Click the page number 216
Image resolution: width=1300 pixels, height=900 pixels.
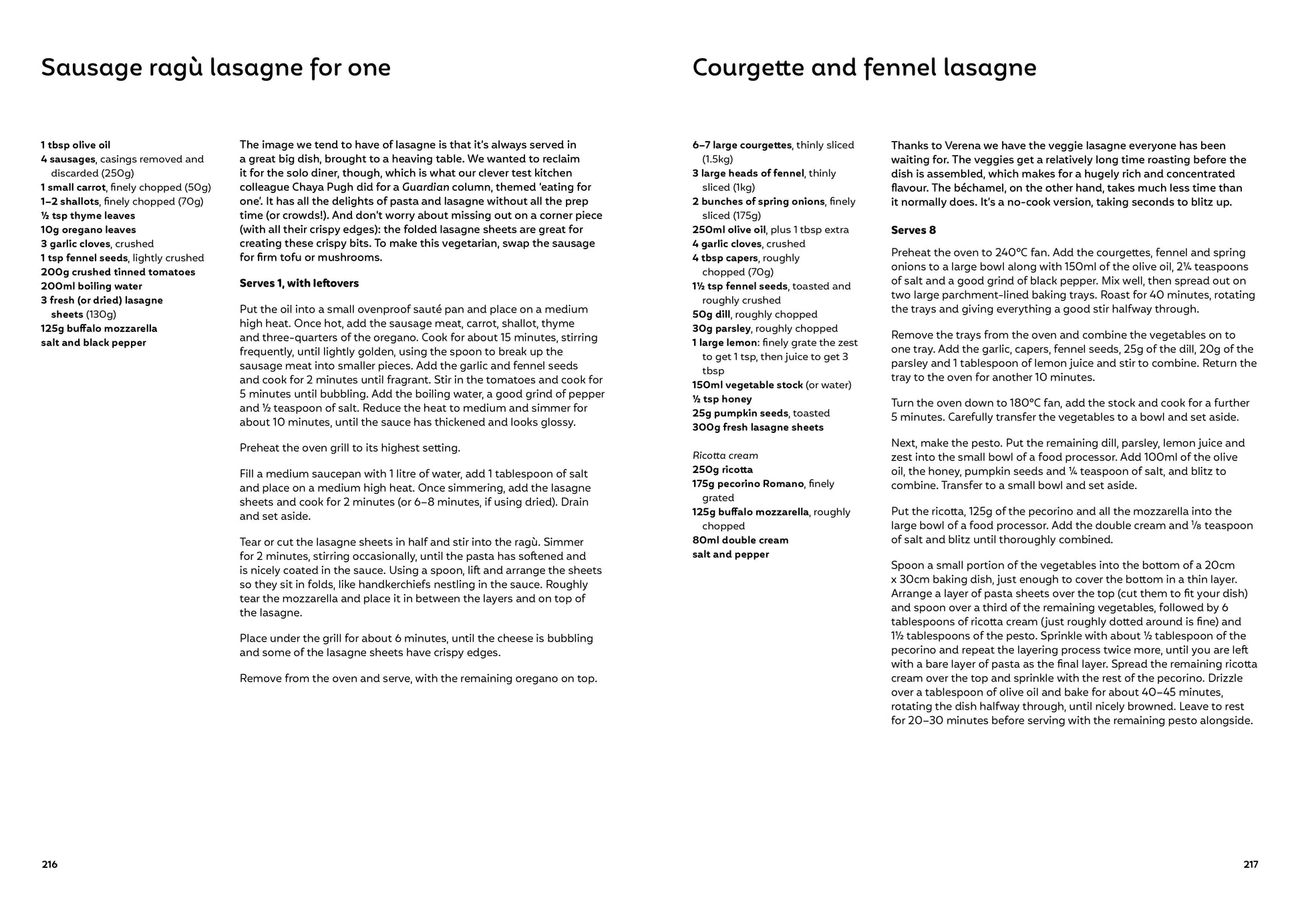pyautogui.click(x=49, y=864)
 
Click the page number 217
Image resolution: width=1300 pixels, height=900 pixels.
pyautogui.click(x=1251, y=864)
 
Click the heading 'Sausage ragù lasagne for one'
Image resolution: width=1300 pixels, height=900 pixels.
pyautogui.click(x=216, y=67)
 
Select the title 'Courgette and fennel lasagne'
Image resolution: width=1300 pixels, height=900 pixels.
pyautogui.click(x=864, y=67)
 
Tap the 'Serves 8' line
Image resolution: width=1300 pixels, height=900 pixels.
pyautogui.click(x=913, y=230)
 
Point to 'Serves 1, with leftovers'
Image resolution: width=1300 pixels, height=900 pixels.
pyautogui.click(x=299, y=283)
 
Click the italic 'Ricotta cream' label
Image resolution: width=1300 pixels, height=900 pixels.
pyautogui.click(x=725, y=456)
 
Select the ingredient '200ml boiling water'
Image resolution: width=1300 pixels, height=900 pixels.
pyautogui.click(x=92, y=286)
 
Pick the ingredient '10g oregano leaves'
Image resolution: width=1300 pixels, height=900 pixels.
pyautogui.click(x=88, y=230)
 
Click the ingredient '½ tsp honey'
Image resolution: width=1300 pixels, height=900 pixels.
pyautogui.click(x=722, y=399)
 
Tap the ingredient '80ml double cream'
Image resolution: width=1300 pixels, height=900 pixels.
pyautogui.click(x=740, y=540)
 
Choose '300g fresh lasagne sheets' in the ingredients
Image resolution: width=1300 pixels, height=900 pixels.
pyautogui.click(x=758, y=427)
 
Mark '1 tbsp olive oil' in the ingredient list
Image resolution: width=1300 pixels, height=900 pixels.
pyautogui.click(x=75, y=145)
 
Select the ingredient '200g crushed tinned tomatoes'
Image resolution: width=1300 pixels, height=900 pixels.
pyautogui.click(x=118, y=272)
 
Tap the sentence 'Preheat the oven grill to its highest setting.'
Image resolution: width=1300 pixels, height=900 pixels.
pyautogui.click(x=350, y=448)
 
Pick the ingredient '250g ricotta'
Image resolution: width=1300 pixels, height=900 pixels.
pyautogui.click(x=722, y=470)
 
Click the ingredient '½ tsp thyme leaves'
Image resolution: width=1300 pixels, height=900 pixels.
pyautogui.click(x=88, y=216)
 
